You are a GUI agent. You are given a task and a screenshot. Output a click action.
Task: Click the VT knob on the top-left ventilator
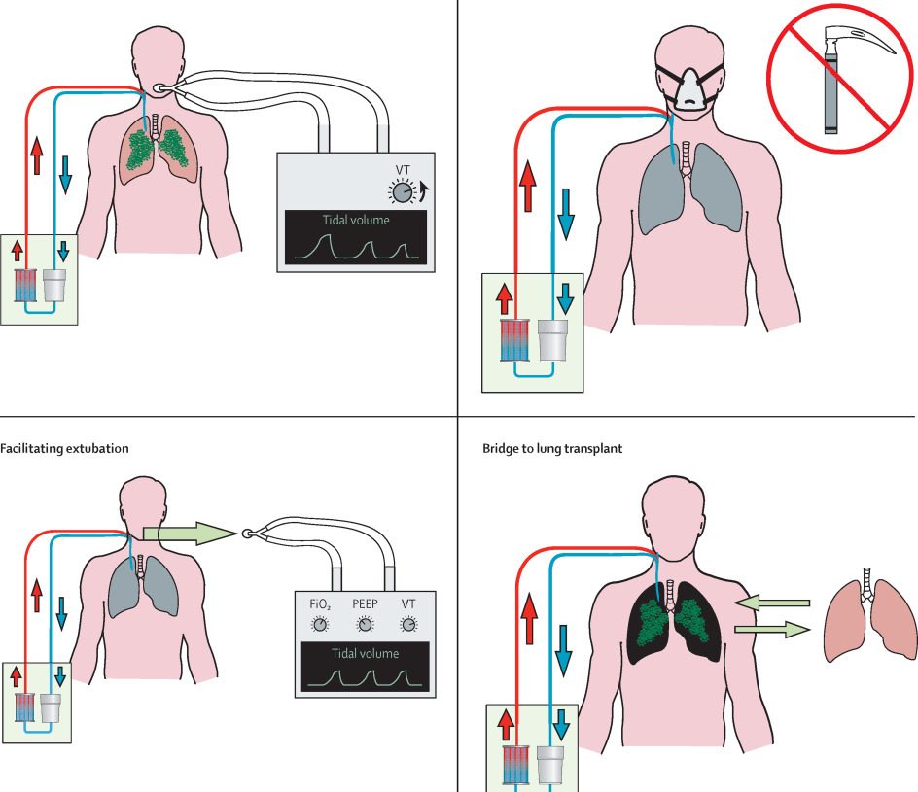401,194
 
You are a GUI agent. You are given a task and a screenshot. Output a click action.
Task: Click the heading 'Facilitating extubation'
64,449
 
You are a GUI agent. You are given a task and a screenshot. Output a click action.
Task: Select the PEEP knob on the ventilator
364,625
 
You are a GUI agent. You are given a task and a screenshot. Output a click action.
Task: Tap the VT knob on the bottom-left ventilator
408,625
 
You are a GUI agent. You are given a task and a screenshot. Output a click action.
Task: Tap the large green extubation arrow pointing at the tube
190,532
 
